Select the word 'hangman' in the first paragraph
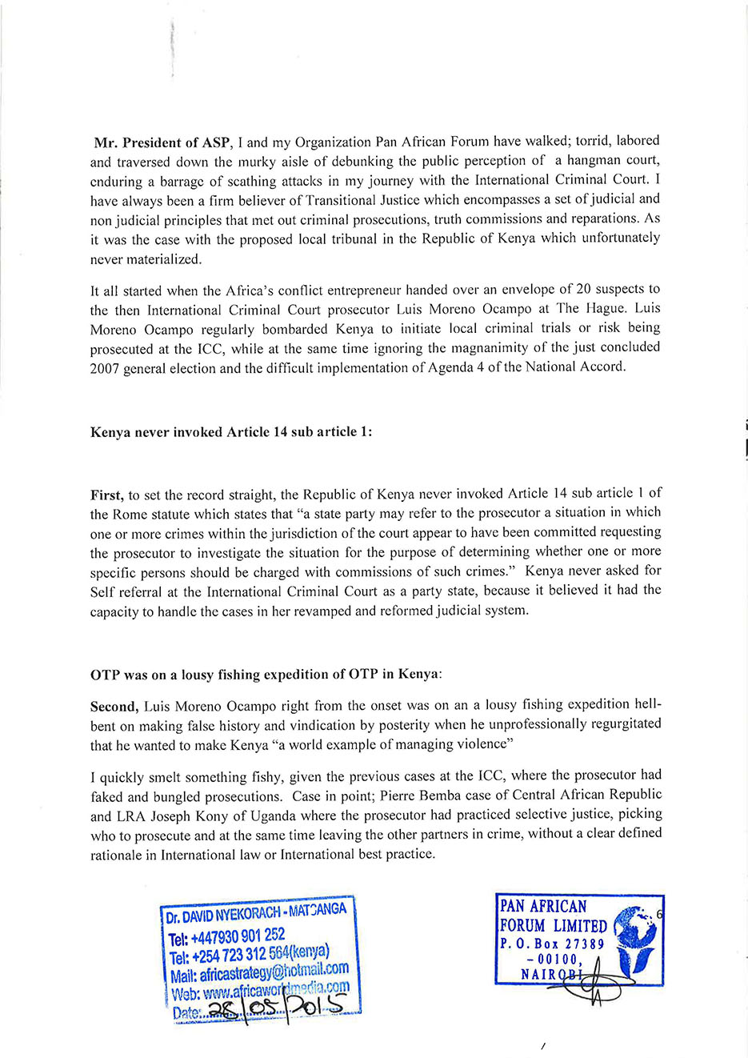[x=593, y=161]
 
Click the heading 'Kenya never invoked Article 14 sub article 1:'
[x=231, y=432]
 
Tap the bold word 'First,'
[x=107, y=495]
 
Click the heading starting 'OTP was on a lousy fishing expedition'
[x=266, y=675]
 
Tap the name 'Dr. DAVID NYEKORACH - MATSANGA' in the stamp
[x=256, y=913]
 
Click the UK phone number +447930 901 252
[x=227, y=935]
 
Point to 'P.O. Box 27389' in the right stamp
[x=552, y=944]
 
